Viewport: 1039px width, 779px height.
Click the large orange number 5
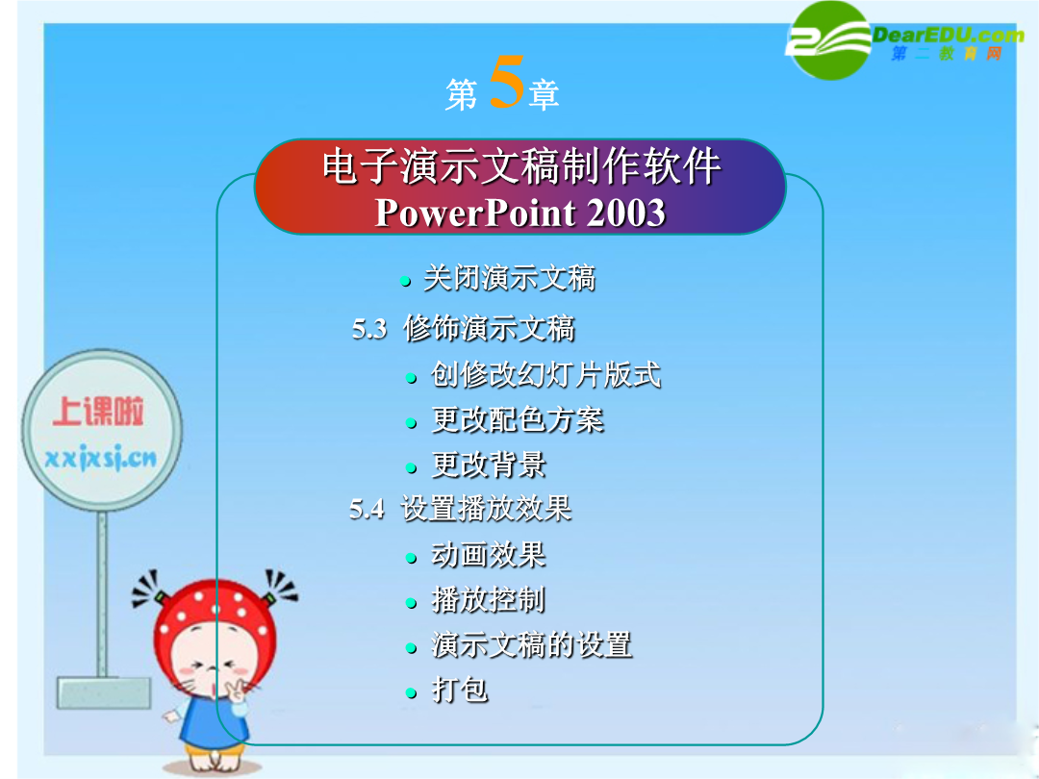tap(507, 82)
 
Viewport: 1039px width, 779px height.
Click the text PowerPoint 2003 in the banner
tap(520, 213)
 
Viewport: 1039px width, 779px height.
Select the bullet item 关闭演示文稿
tap(509, 278)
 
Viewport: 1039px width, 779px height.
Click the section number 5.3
tap(369, 329)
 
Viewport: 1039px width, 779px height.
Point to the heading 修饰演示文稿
tap(489, 329)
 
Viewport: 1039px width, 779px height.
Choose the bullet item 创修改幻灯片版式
tap(546, 374)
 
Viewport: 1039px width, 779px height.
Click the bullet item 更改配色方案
tap(518, 419)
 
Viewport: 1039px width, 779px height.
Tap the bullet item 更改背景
tap(489, 465)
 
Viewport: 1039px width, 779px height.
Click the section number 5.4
tap(367, 510)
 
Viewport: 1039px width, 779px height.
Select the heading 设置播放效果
tap(487, 509)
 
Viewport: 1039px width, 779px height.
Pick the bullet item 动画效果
tap(489, 555)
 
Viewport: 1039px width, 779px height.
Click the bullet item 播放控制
tap(489, 599)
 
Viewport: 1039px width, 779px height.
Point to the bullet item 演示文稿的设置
tap(532, 644)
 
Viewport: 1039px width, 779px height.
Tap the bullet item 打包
tap(460, 690)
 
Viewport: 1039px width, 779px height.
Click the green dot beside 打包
tap(412, 693)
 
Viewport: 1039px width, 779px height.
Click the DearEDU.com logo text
tap(949, 35)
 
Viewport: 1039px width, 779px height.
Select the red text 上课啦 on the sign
tap(98, 412)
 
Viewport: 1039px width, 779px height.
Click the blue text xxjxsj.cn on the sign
tap(101, 458)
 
